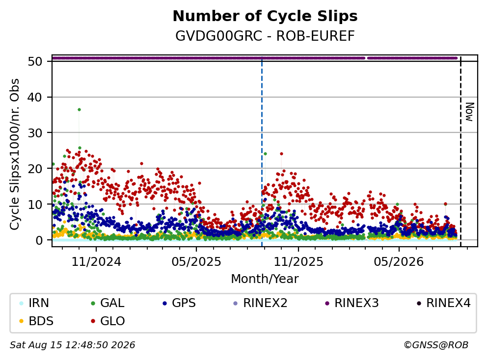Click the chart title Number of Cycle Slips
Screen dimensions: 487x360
[265, 16]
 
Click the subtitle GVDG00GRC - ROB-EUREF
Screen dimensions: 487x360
[265, 36]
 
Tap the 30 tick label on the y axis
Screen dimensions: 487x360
[35, 133]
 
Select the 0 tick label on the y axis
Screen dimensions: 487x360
[39, 240]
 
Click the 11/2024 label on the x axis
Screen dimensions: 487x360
[96, 262]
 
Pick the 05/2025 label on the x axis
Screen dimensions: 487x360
[196, 262]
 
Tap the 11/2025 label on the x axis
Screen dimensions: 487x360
[298, 262]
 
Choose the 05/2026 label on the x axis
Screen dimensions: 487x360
[399, 262]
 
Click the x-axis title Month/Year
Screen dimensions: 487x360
[265, 279]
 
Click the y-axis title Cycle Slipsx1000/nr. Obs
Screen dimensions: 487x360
[14, 154]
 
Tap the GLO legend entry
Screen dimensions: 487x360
[108, 321]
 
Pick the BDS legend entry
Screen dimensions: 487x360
[36, 321]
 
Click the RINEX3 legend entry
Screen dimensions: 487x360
[352, 303]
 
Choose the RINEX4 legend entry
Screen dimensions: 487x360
[443, 303]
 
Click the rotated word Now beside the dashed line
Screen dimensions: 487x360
[470, 112]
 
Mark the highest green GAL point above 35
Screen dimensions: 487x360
[79, 109]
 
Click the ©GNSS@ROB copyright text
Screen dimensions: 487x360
[436, 345]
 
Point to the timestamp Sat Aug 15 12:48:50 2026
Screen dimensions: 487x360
[72, 345]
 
